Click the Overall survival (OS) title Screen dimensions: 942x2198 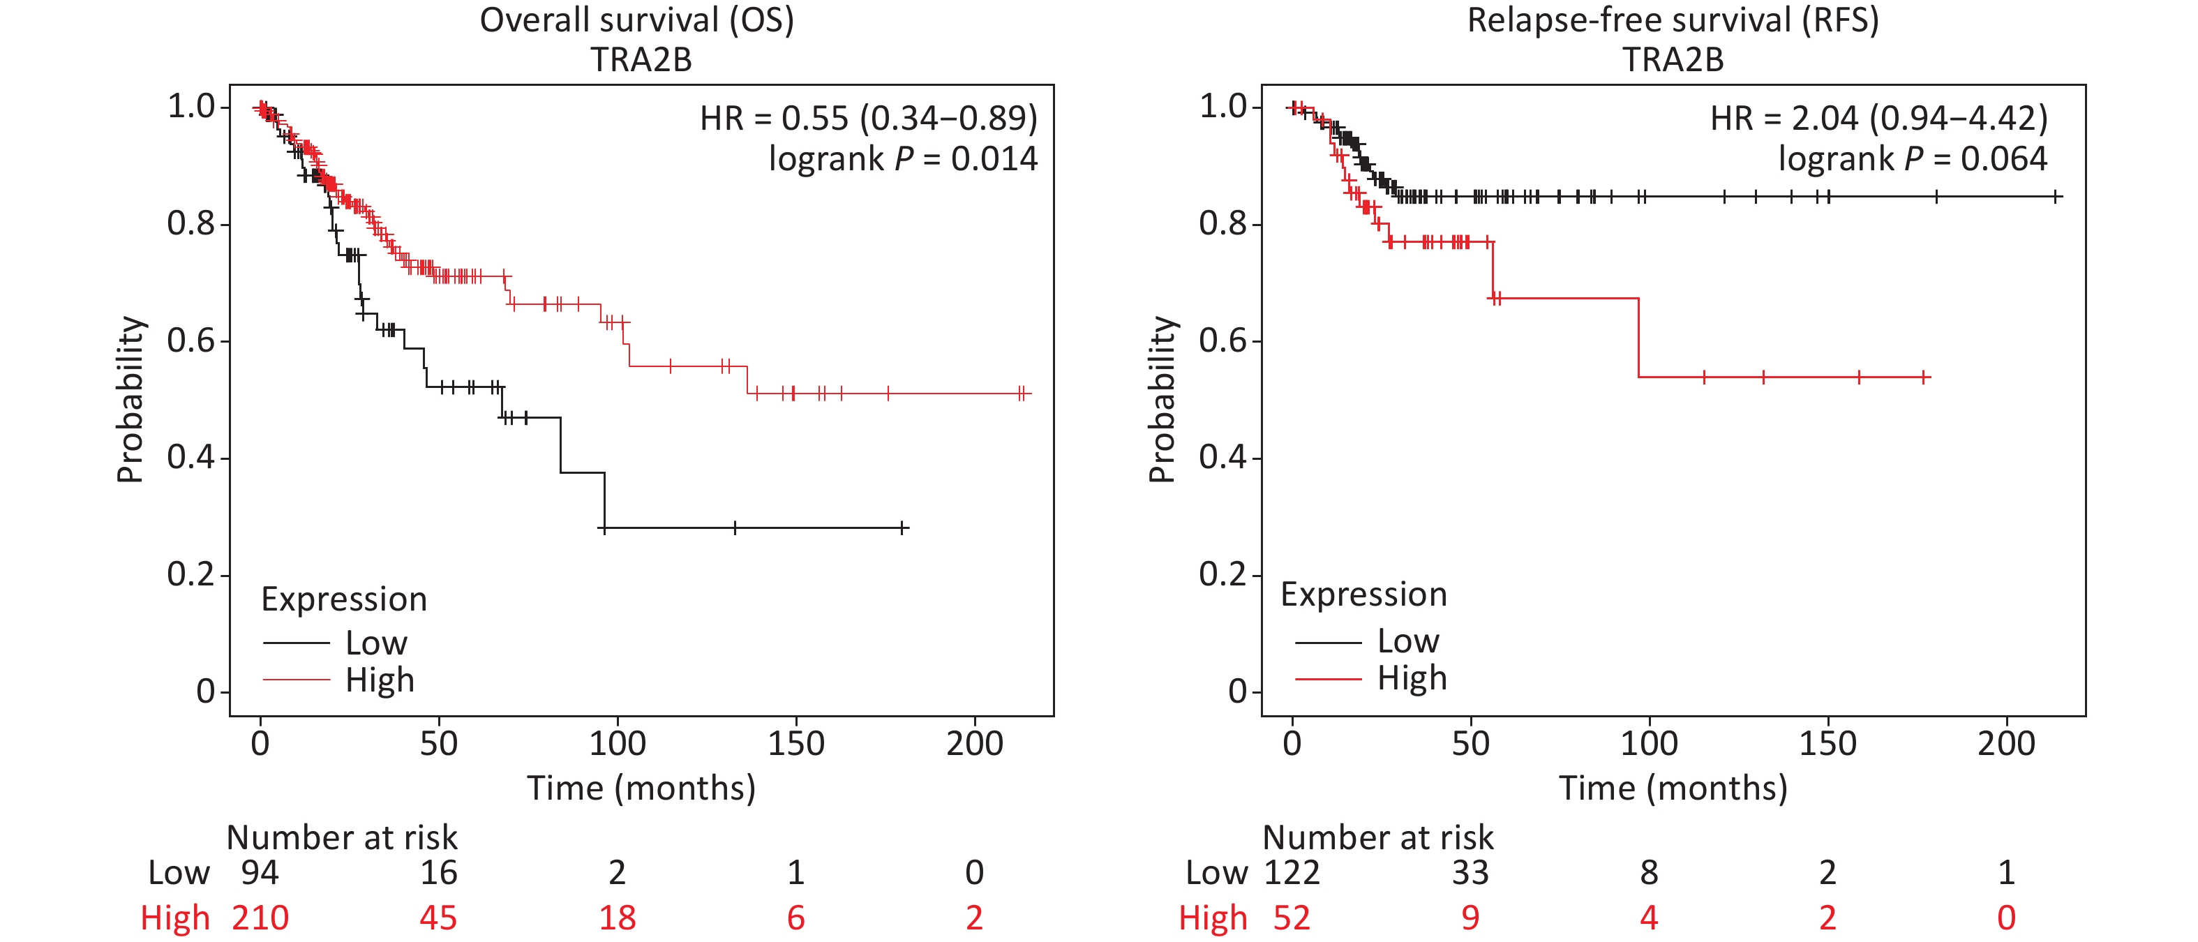(636, 20)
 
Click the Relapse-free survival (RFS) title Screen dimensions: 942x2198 (1673, 20)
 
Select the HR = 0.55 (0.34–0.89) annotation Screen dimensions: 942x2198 (868, 119)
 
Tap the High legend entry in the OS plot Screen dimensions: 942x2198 (380, 681)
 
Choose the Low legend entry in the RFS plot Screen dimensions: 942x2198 (1408, 641)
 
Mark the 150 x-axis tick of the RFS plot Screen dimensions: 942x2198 (1827, 744)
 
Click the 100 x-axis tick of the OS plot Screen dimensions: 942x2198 (617, 744)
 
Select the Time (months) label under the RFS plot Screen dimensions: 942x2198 (1673, 788)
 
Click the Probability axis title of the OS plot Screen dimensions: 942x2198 (130, 399)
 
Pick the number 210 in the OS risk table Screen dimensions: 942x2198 (260, 918)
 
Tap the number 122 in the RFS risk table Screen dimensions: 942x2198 (1292, 873)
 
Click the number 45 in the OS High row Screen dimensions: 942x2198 (439, 918)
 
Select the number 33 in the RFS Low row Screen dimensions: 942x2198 (1470, 873)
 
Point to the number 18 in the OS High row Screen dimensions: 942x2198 (617, 918)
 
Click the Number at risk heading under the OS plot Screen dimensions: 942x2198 (341, 838)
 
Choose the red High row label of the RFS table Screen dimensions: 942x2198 (1213, 918)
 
